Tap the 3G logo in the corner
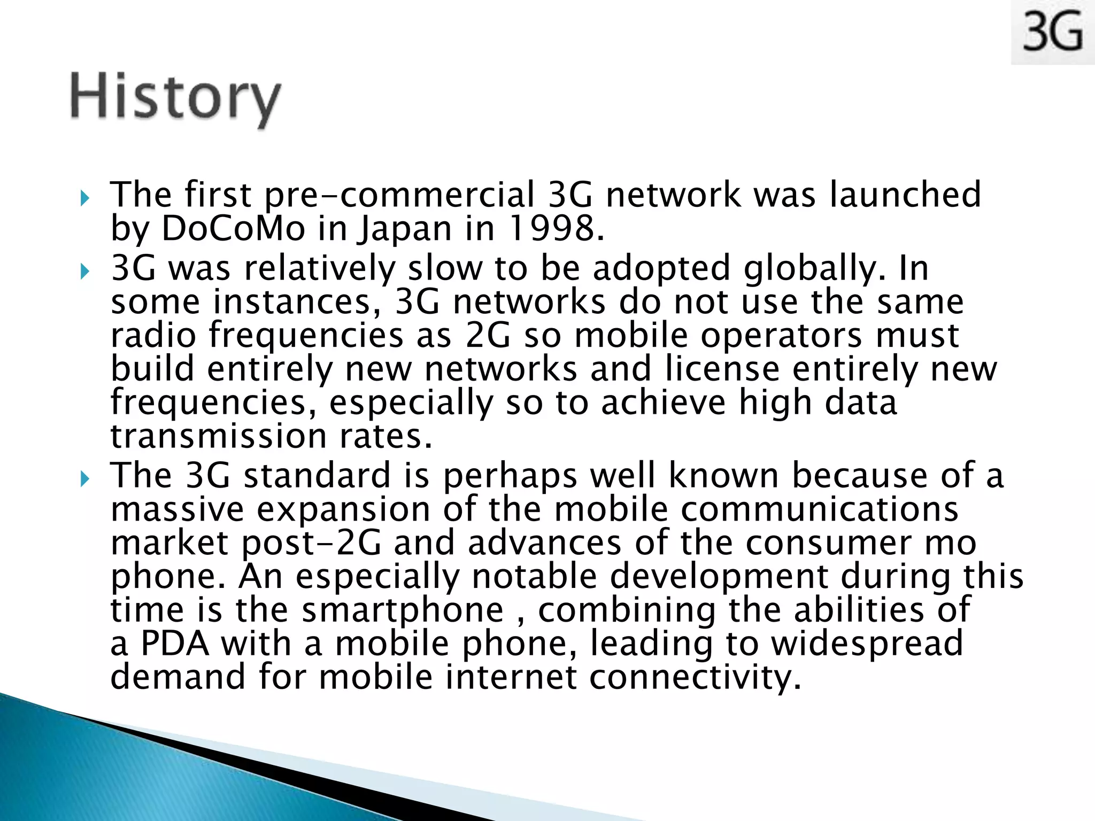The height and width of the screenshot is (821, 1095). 1052,32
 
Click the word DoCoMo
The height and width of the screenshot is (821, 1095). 234,228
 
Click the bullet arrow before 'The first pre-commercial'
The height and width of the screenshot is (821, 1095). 85,199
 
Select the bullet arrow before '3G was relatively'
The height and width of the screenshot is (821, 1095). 85,272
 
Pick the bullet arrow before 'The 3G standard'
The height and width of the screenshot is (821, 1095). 85,479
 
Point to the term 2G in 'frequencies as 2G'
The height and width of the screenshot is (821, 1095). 488,336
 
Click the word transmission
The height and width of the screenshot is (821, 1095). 219,436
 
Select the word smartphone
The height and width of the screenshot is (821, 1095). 403,610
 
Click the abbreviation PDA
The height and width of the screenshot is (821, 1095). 175,644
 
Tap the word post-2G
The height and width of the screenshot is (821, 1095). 312,544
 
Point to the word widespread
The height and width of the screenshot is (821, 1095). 867,644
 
